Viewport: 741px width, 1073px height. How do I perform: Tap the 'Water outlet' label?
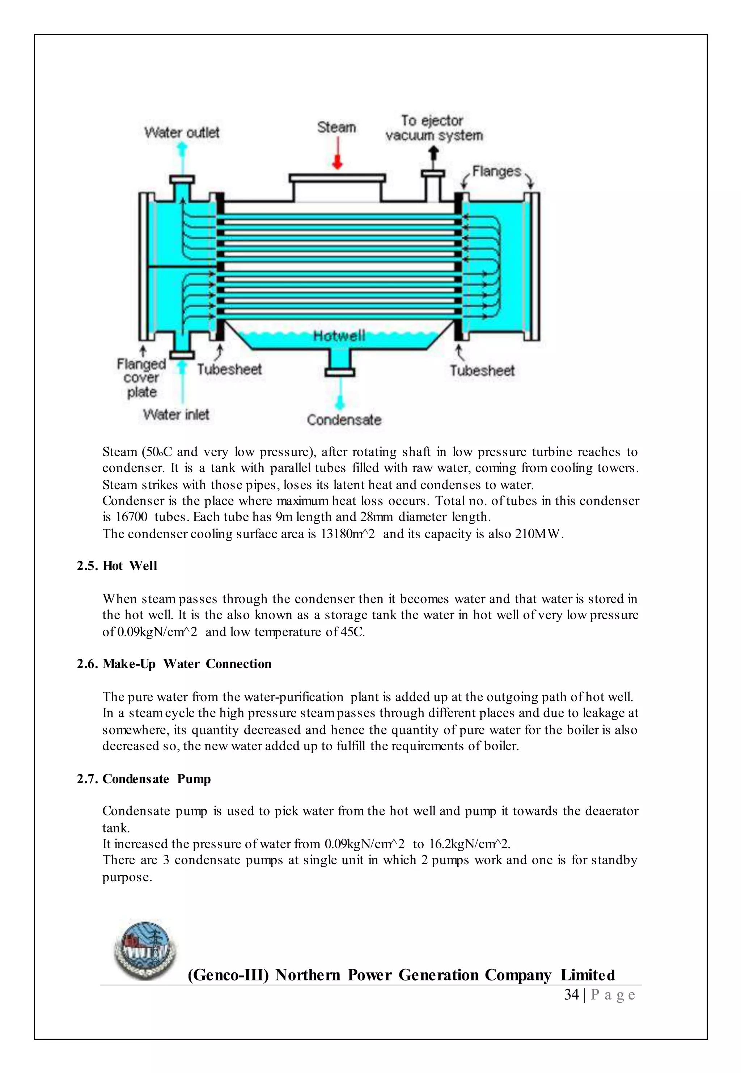(x=182, y=133)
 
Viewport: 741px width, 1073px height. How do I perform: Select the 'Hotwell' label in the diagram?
(x=339, y=336)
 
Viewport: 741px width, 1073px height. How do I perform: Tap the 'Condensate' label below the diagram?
(x=344, y=420)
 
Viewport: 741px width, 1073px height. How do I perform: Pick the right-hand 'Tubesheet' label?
(x=482, y=370)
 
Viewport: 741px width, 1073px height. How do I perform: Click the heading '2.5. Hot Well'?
(x=117, y=566)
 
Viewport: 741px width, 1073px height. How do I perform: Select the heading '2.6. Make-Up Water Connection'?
(x=174, y=664)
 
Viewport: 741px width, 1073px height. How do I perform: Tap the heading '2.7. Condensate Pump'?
(x=144, y=779)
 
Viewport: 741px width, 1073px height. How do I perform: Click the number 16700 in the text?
(x=131, y=517)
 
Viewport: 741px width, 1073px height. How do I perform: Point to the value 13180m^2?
(x=347, y=534)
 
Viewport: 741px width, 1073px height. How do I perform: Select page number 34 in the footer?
(x=571, y=994)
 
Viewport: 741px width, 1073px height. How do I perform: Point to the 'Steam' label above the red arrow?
(x=336, y=127)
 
